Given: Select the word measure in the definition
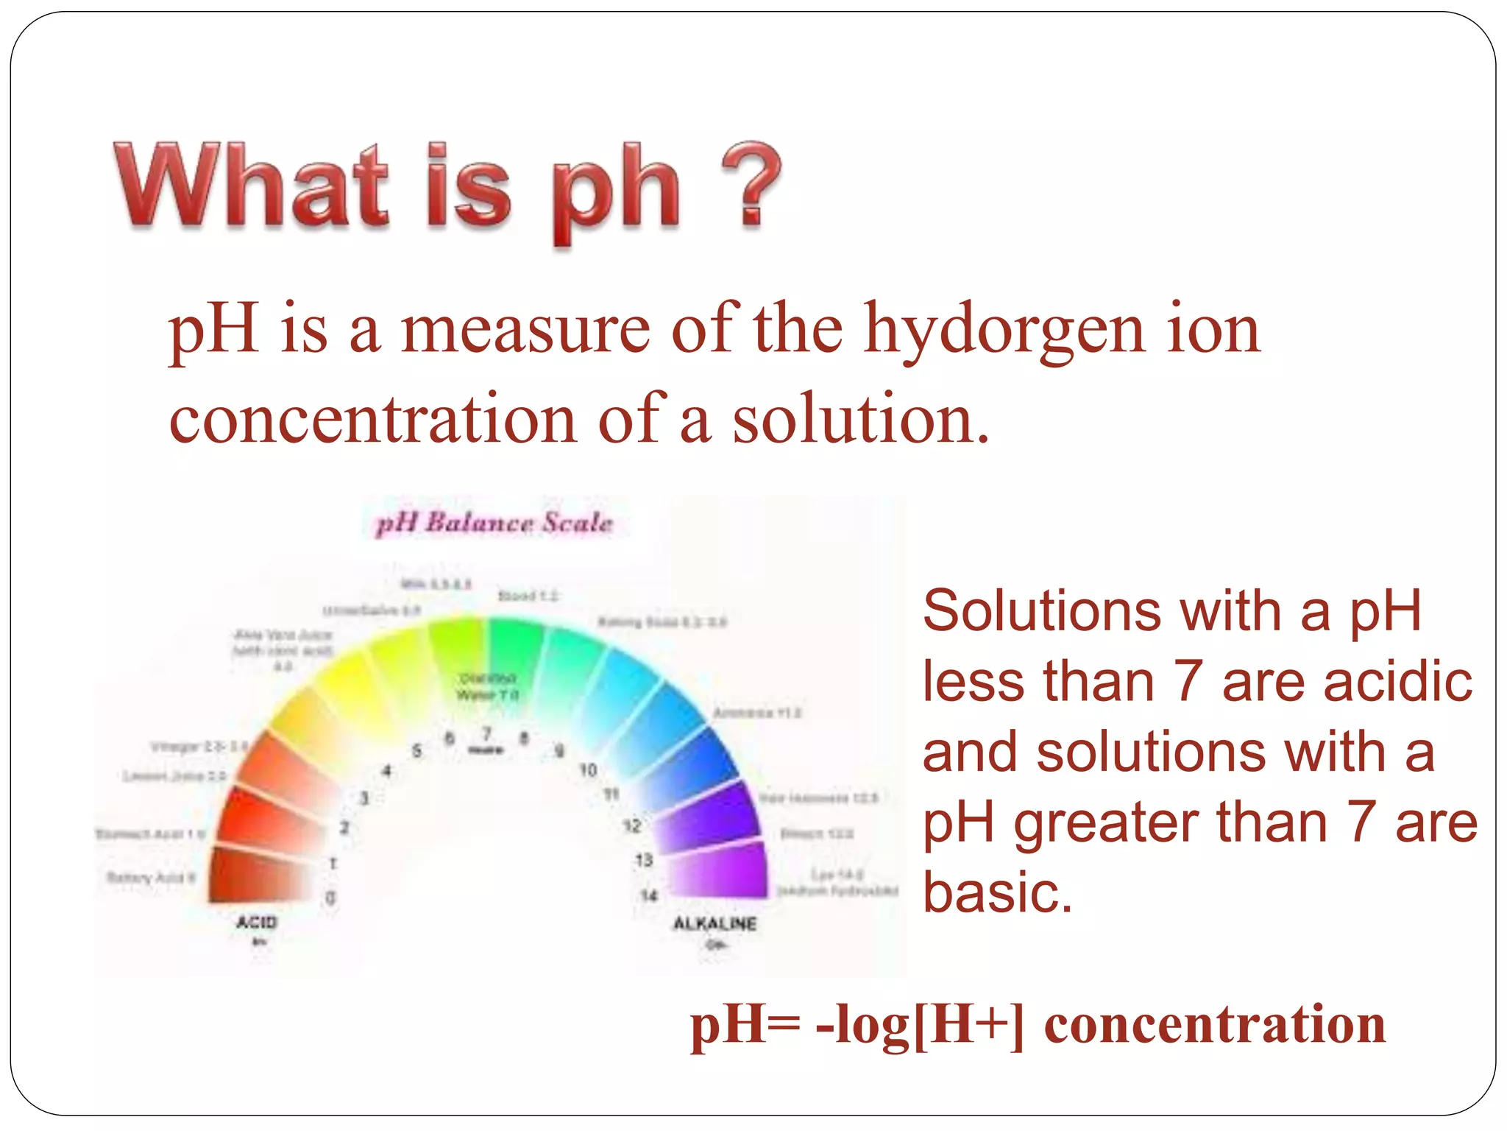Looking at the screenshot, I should pos(525,330).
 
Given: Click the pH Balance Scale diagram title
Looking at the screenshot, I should pos(494,523).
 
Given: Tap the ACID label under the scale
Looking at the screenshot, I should pos(256,923).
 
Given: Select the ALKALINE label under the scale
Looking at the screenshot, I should pos(715,923).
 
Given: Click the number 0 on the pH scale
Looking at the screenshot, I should pos(330,898).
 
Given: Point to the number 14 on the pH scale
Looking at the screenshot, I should pos(648,895).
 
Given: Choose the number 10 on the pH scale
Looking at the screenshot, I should pos(587,770).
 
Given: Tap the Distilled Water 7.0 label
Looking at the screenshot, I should pos(487,686).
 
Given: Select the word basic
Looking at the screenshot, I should pos(997,892).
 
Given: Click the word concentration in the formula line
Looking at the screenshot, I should pos(1214,1025).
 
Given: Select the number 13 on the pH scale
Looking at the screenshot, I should pos(644,860).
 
